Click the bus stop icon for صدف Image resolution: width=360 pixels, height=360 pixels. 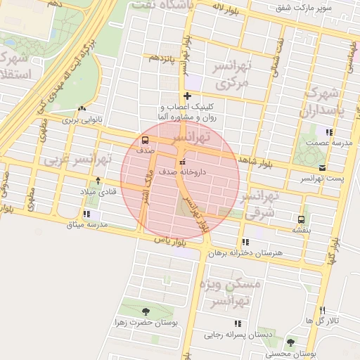(x=145, y=139)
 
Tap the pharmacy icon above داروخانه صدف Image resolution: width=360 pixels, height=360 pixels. (x=183, y=163)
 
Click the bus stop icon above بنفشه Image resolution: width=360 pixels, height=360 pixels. (x=301, y=219)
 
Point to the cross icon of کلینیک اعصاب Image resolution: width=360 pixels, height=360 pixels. (x=186, y=96)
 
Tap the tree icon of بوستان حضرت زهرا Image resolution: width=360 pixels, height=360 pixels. (x=146, y=311)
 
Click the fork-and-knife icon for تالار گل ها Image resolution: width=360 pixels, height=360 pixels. (x=322, y=310)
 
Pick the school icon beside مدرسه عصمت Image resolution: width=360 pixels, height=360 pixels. (x=328, y=131)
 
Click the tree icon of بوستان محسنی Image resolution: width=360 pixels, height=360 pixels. (x=290, y=343)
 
